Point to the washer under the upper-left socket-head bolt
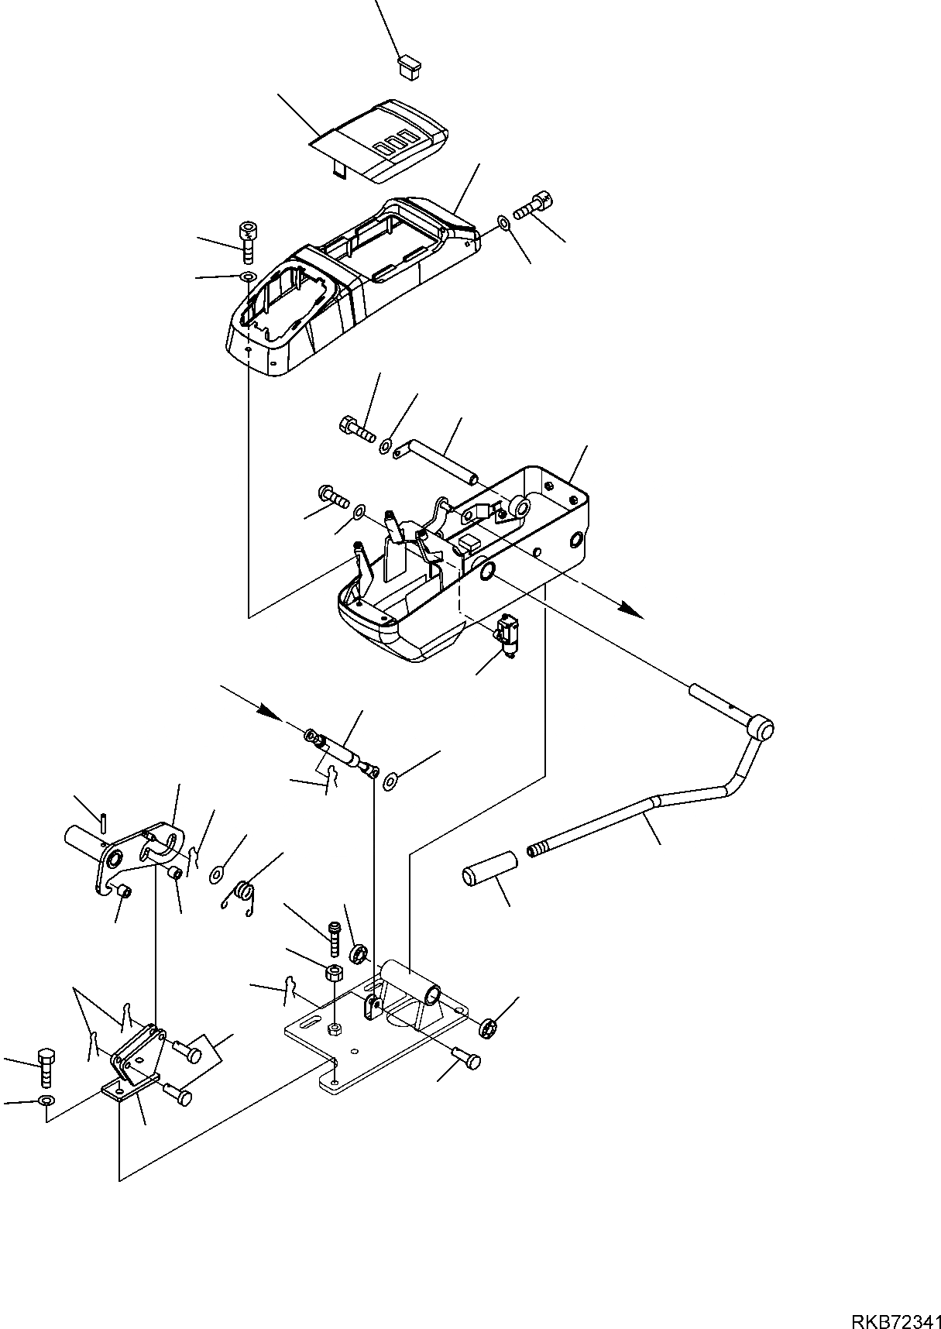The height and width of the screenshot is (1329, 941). point(248,276)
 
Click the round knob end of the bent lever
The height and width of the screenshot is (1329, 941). point(763,730)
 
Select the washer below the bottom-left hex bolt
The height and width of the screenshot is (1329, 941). point(46,1101)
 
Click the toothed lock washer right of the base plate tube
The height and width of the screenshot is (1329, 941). point(487,1028)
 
